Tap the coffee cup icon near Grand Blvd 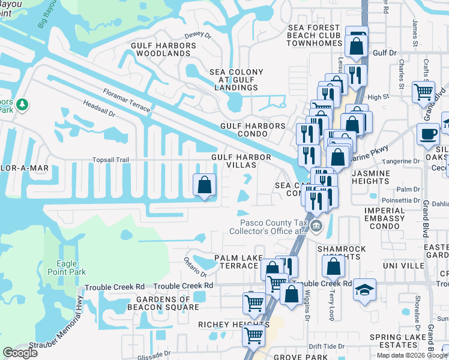(x=428, y=134)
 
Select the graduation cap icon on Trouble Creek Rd (x=365, y=289)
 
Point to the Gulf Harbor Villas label (x=241, y=161)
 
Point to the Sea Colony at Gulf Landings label (x=237, y=80)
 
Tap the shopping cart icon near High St (x=423, y=92)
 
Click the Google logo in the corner (x=20, y=352)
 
